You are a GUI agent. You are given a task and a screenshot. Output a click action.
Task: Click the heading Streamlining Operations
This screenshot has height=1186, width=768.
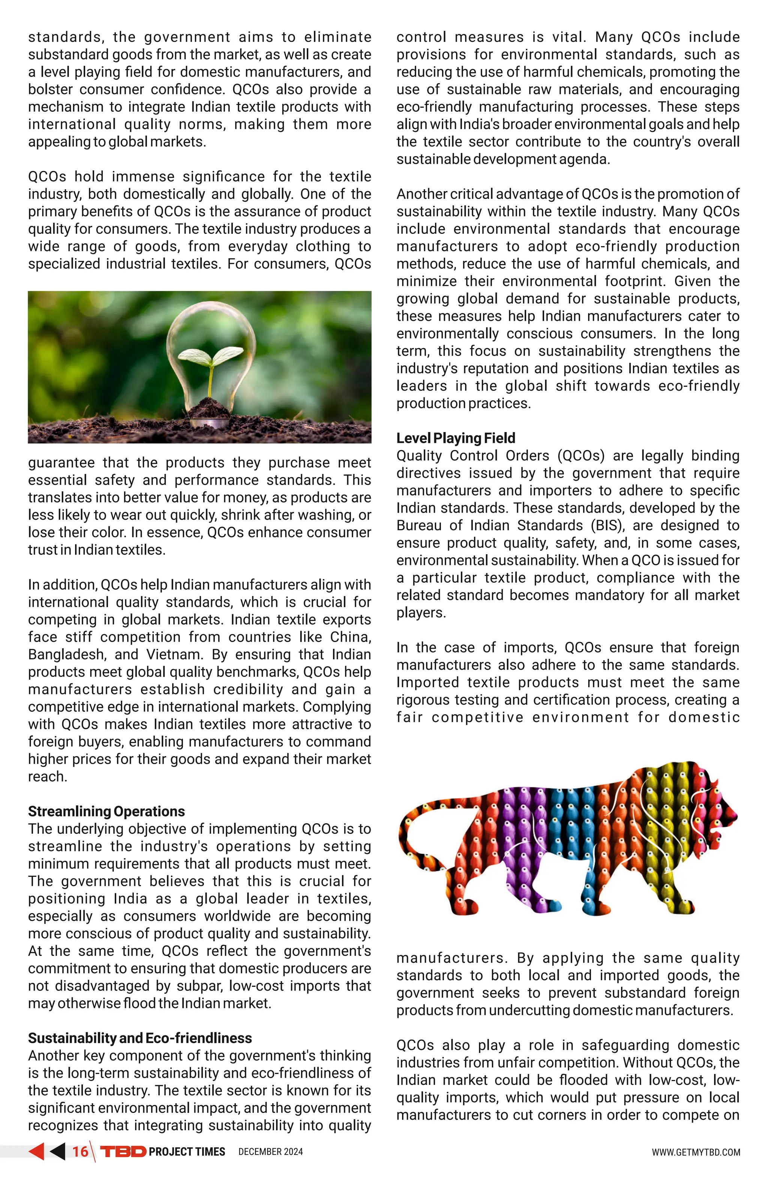click(x=106, y=811)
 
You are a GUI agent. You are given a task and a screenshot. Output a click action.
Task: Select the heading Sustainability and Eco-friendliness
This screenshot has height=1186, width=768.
click(x=139, y=1038)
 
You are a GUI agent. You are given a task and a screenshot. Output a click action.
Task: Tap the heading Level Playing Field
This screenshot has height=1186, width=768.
click(x=455, y=438)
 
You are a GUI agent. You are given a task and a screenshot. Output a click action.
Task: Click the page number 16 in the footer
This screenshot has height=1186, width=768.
click(x=80, y=1152)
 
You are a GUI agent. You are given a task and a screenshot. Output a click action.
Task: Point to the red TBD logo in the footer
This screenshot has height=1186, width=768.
click(x=123, y=1152)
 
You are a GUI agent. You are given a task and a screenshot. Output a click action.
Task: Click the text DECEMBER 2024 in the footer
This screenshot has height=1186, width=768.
click(x=270, y=1152)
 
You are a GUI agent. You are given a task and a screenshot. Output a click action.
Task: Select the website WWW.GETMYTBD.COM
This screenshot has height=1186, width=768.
click(x=696, y=1152)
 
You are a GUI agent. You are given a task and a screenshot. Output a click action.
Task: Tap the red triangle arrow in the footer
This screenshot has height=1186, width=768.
click(x=36, y=1151)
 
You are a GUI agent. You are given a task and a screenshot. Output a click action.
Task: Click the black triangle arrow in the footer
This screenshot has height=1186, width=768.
click(x=57, y=1151)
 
